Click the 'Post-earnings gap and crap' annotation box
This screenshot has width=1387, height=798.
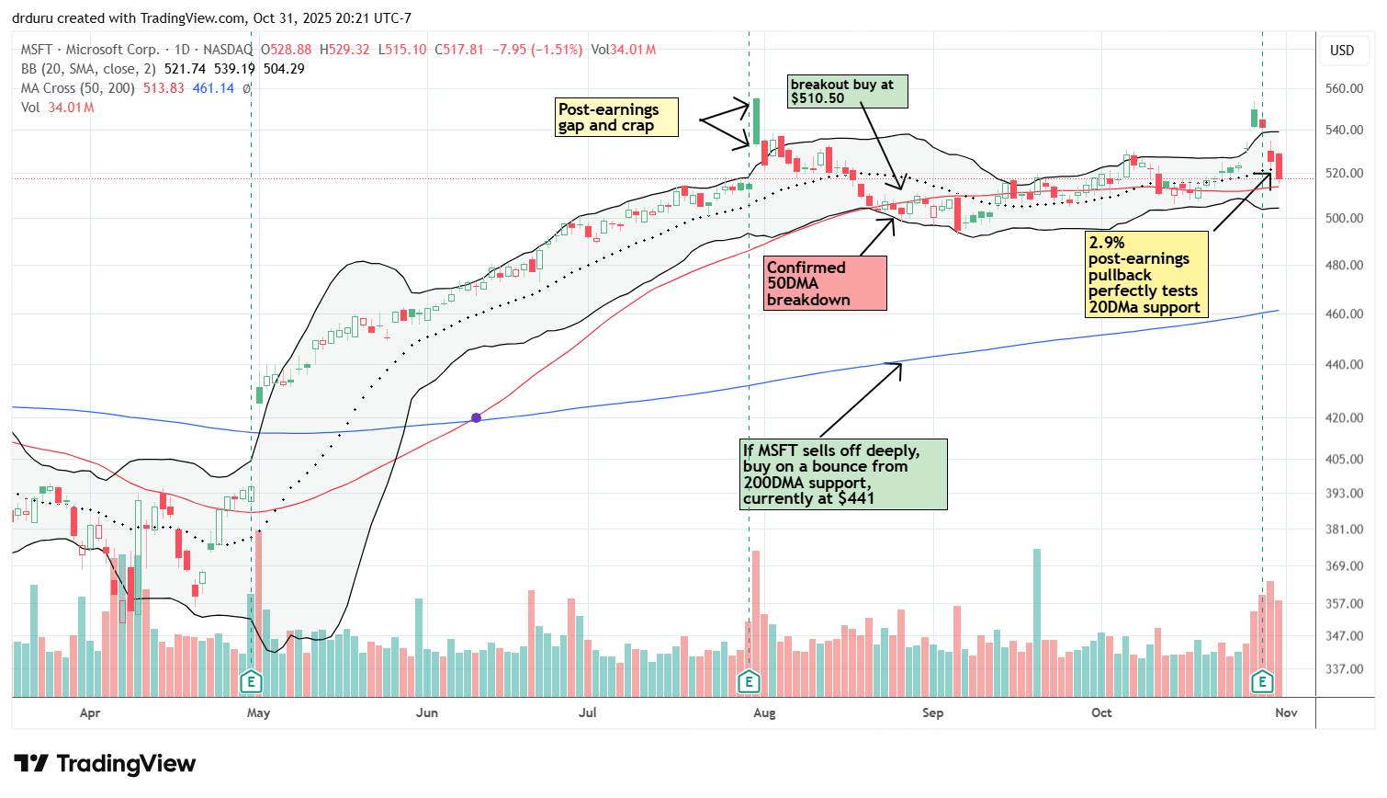coord(616,118)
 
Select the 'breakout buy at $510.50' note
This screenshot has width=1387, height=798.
coord(847,91)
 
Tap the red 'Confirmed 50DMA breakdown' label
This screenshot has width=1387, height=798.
coord(825,283)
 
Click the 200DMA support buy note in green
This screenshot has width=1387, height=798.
coord(843,474)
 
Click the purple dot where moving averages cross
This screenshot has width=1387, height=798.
coord(476,418)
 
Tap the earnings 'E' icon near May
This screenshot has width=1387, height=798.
coord(251,682)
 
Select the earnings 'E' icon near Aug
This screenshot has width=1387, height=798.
coord(749,682)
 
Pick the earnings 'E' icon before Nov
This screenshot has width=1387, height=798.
coord(1262,682)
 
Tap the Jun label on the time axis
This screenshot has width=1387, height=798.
coord(427,712)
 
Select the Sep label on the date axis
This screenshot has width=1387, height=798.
coord(932,712)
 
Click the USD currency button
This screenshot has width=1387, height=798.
coord(1342,51)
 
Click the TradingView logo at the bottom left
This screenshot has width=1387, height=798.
coord(105,764)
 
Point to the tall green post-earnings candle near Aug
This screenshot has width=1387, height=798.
coord(755,121)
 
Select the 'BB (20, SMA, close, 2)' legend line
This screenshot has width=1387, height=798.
coord(88,69)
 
